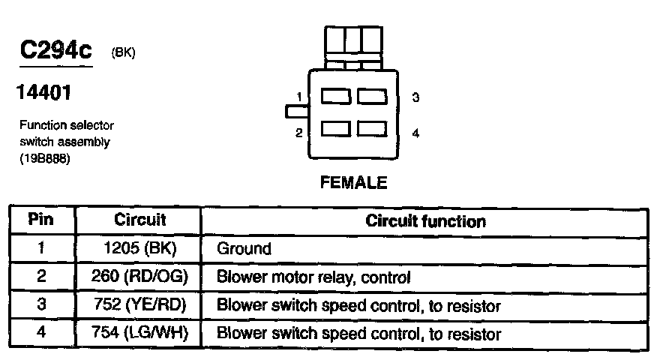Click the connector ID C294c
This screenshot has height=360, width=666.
56,49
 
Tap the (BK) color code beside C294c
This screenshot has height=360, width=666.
123,52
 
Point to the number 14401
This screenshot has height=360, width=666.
43,92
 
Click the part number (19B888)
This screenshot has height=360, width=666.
44,158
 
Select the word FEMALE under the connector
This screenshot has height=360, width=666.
353,182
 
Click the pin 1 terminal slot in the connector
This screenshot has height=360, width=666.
335,96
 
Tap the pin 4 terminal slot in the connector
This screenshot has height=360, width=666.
372,129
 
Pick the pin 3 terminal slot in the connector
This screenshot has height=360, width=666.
372,96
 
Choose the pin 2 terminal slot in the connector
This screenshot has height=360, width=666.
335,129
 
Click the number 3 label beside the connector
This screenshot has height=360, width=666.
415,97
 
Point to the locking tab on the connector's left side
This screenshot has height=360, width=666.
297,112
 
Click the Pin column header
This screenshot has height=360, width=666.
40,220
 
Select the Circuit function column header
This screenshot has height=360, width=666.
425,221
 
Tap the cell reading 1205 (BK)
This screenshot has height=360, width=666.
139,248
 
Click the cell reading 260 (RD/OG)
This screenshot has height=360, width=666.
139,276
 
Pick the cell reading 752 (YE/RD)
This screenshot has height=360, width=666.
139,304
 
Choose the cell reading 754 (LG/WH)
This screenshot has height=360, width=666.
139,332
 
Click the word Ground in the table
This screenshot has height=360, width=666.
244,249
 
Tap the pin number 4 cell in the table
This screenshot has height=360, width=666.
41,331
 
